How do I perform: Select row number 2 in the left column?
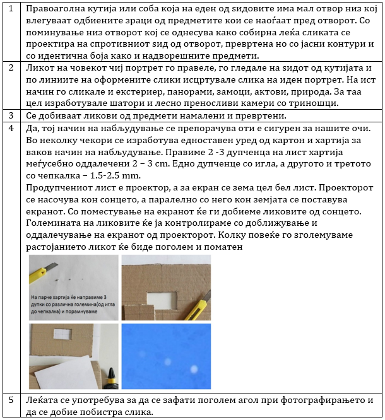[10, 67]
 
